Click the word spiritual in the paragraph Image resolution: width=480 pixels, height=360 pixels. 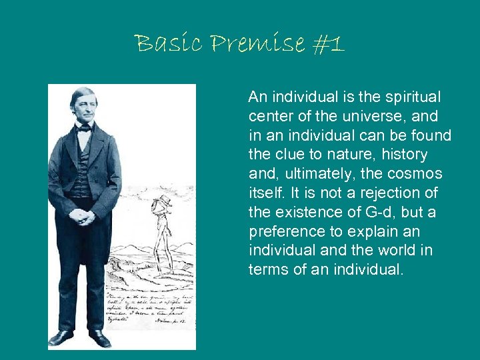pos(415,97)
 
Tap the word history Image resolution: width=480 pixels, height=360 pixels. pos(404,155)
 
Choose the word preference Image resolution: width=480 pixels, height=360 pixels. pos(283,233)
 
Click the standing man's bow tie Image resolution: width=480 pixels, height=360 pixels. pos(84,128)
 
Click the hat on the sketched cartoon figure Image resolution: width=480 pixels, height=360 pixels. pos(163,200)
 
